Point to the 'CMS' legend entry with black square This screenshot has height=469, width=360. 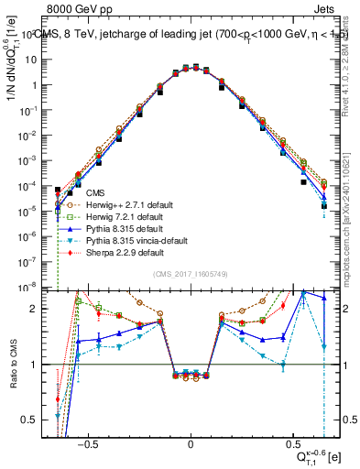click(x=95, y=193)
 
